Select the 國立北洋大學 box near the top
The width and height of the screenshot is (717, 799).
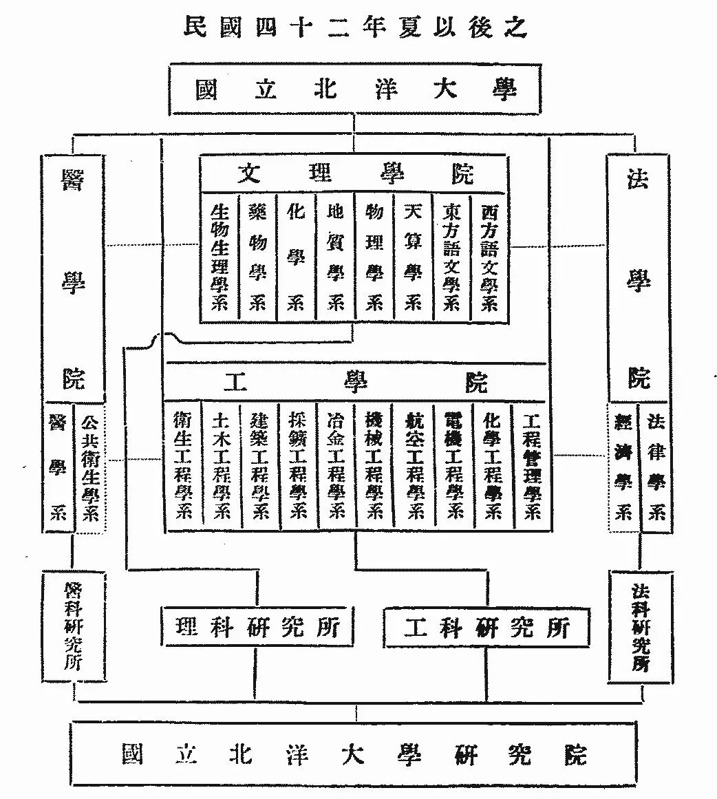[355, 89]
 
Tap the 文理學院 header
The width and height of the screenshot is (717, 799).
[355, 173]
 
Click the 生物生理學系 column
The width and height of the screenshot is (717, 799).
[219, 257]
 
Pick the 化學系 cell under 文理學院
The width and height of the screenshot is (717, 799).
[296, 257]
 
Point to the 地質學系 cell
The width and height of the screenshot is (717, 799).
[335, 257]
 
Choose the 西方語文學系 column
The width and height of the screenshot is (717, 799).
[489, 257]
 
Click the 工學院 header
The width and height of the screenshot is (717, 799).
[355, 383]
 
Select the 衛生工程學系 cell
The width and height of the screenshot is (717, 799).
[183, 466]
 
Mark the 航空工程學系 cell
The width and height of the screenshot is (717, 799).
[415, 466]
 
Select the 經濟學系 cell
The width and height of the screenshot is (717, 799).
[623, 467]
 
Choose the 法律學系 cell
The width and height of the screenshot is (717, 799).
[656, 467]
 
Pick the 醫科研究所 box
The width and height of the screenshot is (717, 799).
[73, 625]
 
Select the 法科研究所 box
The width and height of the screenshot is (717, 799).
[640, 626]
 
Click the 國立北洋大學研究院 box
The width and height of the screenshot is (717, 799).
[355, 754]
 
